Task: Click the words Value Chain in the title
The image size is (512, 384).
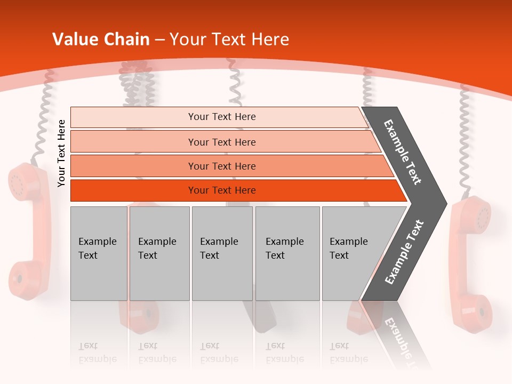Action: click(x=101, y=39)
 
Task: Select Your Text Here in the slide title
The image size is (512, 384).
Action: click(x=229, y=39)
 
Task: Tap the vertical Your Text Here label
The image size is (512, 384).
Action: click(x=62, y=154)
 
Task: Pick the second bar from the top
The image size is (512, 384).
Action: click(x=222, y=142)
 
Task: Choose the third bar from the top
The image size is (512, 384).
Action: click(x=222, y=166)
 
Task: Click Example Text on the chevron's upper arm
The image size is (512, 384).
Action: click(x=403, y=152)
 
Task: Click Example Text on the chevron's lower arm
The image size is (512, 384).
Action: click(x=404, y=252)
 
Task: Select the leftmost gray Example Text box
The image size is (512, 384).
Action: click(x=98, y=253)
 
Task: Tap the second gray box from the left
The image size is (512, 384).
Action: click(x=159, y=253)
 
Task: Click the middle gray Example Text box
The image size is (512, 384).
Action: click(x=222, y=253)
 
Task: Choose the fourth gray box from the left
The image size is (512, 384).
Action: click(x=287, y=253)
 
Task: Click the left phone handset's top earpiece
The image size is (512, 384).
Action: click(x=23, y=181)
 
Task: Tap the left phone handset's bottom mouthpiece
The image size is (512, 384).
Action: click(x=23, y=277)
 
